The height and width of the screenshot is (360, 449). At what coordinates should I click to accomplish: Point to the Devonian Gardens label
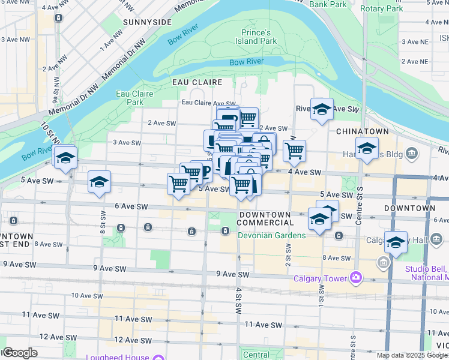271,235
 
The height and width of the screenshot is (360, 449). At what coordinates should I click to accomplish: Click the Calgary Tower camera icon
357,277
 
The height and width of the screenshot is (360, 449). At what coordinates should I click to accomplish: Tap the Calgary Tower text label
320,278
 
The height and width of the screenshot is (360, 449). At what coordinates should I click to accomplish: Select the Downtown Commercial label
267,218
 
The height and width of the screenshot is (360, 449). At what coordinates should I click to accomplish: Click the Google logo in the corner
20,353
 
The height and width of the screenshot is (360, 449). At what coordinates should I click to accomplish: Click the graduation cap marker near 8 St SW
100,181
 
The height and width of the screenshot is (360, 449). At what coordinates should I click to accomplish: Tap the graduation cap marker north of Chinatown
322,109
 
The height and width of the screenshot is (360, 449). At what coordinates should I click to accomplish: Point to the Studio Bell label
426,268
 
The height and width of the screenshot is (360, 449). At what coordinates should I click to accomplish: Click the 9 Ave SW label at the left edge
20,265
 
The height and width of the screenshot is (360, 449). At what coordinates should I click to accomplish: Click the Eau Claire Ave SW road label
209,103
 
